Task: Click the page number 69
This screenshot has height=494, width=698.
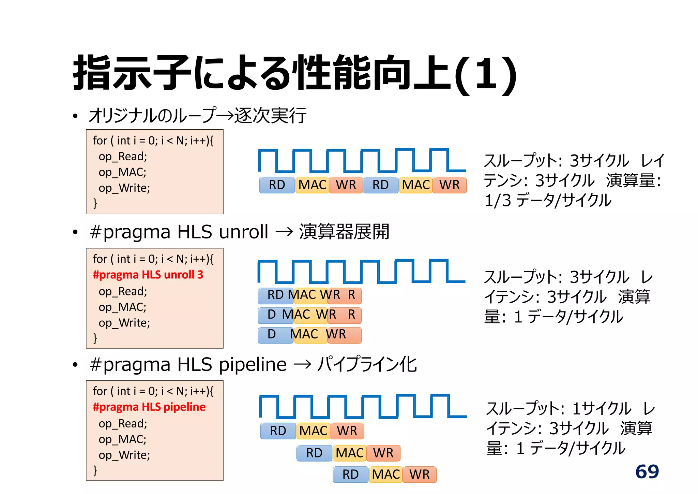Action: click(x=647, y=472)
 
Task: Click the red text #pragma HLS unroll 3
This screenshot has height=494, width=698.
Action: click(x=148, y=275)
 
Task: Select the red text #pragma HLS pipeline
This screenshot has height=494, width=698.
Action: click(x=149, y=407)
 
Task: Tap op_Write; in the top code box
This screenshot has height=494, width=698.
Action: click(x=124, y=188)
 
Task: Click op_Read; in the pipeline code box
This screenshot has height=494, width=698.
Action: click(x=123, y=424)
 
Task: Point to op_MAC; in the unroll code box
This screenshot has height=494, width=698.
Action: click(x=122, y=307)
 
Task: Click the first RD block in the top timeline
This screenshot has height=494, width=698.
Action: click(x=277, y=185)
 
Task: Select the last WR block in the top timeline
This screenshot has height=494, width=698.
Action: click(x=449, y=185)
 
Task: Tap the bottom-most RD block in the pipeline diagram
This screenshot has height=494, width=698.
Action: click(x=350, y=474)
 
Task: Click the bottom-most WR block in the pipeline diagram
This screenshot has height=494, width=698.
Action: click(x=419, y=474)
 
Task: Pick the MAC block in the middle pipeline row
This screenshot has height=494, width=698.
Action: click(x=349, y=453)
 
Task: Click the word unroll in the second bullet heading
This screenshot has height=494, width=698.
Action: click(x=243, y=232)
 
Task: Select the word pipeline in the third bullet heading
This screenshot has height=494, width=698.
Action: click(x=253, y=365)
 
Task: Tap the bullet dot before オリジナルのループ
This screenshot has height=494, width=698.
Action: click(x=75, y=116)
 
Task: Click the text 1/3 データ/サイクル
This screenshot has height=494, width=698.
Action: click(x=547, y=200)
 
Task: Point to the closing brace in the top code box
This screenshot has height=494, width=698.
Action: click(x=95, y=203)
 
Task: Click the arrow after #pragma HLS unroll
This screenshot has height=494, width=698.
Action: click(x=284, y=232)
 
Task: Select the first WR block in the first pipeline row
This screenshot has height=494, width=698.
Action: click(x=347, y=431)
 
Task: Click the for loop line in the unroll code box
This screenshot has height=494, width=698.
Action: click(x=153, y=259)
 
